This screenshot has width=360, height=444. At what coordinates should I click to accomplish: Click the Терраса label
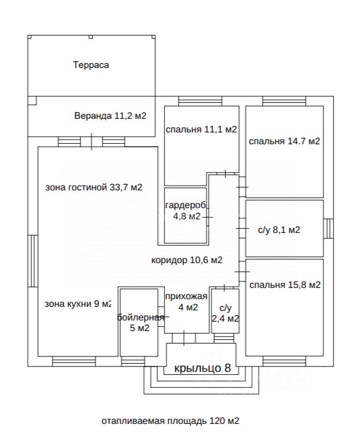pos(91,65)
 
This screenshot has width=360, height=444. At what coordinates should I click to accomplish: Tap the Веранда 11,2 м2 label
pos(110,116)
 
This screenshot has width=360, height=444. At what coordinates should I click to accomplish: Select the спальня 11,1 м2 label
pos(201,129)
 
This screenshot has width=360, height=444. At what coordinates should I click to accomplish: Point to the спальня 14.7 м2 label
pos(284,141)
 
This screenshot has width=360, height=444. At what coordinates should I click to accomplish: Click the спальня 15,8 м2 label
pos(285,284)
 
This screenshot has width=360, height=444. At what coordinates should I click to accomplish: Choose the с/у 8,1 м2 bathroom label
pos(279,229)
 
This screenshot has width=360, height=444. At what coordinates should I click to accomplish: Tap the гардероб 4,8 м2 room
pos(186,215)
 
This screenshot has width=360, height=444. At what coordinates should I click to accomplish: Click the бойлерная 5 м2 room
pos(139,322)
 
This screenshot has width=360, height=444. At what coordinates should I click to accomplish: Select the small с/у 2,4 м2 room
pos(225,311)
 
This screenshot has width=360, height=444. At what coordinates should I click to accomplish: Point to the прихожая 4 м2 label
pos(187,302)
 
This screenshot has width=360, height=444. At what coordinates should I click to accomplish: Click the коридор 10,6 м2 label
pos(187,260)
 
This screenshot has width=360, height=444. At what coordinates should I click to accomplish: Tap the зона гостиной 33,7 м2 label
pos(94,187)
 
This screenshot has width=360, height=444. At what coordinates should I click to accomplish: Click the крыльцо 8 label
pos(202,368)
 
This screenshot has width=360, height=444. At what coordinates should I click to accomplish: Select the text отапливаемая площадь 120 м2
pos(170,421)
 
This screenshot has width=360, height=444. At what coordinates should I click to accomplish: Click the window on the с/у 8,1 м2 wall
pos(328,229)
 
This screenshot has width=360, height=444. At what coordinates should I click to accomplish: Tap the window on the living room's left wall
pos(33,261)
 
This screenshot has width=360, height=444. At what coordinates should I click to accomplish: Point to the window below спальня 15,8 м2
pos(284,361)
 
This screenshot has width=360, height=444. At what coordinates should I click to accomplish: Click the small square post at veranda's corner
pos(33,101)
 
